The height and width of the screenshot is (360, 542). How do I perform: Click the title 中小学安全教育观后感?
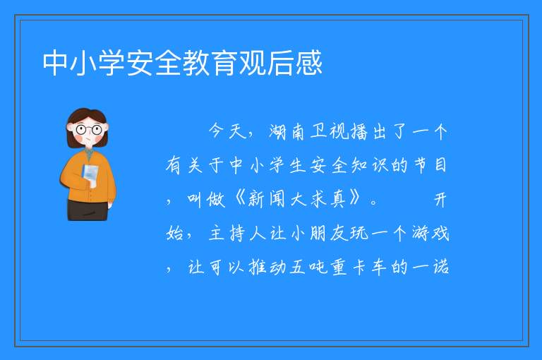pos(183,63)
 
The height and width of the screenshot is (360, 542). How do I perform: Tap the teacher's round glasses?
pos(89,130)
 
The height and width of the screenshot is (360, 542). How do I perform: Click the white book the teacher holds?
pos(90,175)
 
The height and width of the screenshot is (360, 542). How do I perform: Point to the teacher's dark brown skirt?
pos(88,210)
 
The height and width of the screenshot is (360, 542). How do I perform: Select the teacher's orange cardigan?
pos(88,176)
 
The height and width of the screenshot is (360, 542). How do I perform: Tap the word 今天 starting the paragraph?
pos(227,131)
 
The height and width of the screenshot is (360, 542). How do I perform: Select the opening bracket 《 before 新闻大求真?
pos(239,200)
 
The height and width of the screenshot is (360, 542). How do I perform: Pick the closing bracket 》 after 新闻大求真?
pos(355,199)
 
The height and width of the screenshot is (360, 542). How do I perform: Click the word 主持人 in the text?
pos(237,234)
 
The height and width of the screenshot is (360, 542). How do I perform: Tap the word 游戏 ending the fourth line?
pos(430,234)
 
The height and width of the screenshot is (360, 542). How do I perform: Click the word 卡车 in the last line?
pos(370,267)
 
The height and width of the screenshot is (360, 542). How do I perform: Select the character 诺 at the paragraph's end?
pos(441,267)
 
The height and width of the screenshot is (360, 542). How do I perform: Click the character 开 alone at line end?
pos(440,200)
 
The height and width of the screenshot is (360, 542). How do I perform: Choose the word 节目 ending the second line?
pos(430,165)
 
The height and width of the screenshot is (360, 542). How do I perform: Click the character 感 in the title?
pos(308,63)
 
